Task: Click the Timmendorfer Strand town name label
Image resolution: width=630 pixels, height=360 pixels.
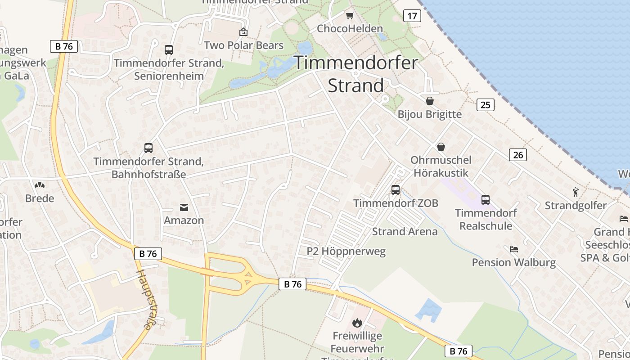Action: [x=356, y=74]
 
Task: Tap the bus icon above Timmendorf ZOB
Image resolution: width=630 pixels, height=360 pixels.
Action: [x=396, y=190]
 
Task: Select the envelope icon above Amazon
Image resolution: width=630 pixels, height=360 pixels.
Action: [x=184, y=207]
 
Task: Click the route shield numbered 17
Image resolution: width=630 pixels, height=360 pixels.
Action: [x=412, y=16]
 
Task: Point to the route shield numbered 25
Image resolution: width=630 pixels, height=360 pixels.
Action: [x=486, y=105]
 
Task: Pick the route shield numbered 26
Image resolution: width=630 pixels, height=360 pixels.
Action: [x=518, y=155]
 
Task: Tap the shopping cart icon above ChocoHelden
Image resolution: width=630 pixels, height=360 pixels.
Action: [x=350, y=16]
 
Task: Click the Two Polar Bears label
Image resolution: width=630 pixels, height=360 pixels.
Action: [x=244, y=45]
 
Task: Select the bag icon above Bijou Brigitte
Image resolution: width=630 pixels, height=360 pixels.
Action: [x=430, y=101]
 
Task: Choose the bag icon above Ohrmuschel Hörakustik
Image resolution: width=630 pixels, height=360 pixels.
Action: [x=441, y=147]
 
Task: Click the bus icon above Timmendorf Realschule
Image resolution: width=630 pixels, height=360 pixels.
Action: [x=486, y=199]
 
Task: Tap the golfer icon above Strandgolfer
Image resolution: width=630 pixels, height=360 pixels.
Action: [x=576, y=193]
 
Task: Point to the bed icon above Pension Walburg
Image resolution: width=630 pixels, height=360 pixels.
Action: [x=514, y=249]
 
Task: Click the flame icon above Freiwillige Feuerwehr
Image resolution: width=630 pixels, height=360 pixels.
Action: [x=357, y=323]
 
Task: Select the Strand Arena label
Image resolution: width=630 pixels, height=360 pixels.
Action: [x=405, y=232]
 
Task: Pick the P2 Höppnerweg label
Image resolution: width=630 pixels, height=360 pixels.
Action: [x=346, y=251]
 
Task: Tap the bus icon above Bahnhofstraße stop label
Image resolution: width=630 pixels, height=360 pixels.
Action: [x=148, y=148]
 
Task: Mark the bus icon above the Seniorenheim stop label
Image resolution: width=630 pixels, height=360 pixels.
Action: [x=169, y=50]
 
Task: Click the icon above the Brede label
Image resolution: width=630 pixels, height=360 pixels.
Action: [x=40, y=185]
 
